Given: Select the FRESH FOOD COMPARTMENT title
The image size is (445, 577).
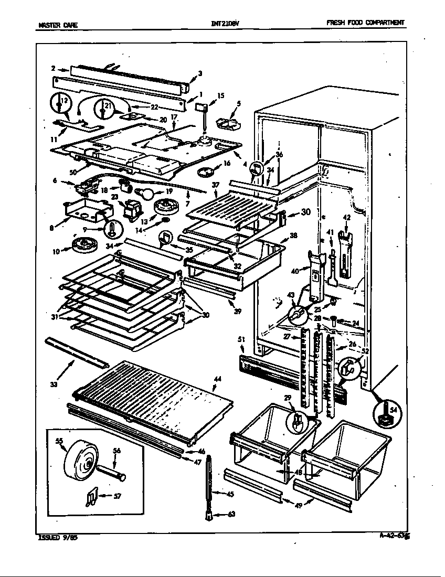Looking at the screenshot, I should pyautogui.click(x=365, y=23).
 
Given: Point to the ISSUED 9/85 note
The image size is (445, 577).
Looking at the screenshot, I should pyautogui.click(x=60, y=538).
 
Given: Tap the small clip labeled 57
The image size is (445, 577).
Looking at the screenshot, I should pyautogui.click(x=90, y=497).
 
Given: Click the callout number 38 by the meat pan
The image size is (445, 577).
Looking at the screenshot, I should pyautogui.click(x=293, y=236).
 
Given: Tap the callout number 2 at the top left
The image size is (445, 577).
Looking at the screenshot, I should pyautogui.click(x=54, y=68).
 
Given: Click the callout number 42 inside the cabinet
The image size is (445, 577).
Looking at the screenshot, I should pyautogui.click(x=346, y=217).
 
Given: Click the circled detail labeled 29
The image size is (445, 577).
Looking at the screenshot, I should pyautogui.click(x=296, y=420).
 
